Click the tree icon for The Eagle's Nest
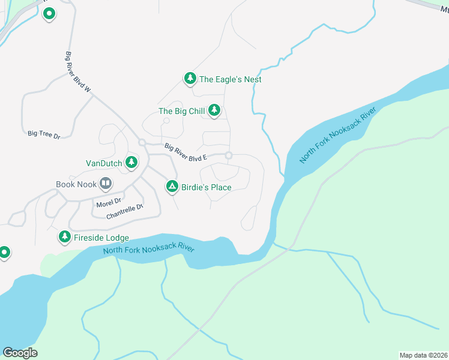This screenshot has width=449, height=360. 190,79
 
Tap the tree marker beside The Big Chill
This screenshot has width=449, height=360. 214,110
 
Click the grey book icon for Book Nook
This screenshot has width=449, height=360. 105,184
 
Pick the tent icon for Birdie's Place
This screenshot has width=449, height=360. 172,187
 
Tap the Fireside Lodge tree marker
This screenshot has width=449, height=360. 64,238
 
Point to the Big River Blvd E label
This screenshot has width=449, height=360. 185,152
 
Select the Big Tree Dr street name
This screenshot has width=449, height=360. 44,135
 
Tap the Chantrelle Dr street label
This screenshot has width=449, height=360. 125,211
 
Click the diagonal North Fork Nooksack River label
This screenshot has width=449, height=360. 337,136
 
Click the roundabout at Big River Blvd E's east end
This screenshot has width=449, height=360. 229,156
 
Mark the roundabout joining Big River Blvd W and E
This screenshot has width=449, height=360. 142,142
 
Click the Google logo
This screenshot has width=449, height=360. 20,352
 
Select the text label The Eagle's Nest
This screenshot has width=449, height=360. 230,79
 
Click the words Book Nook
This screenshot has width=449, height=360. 76,184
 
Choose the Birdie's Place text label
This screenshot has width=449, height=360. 207,187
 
